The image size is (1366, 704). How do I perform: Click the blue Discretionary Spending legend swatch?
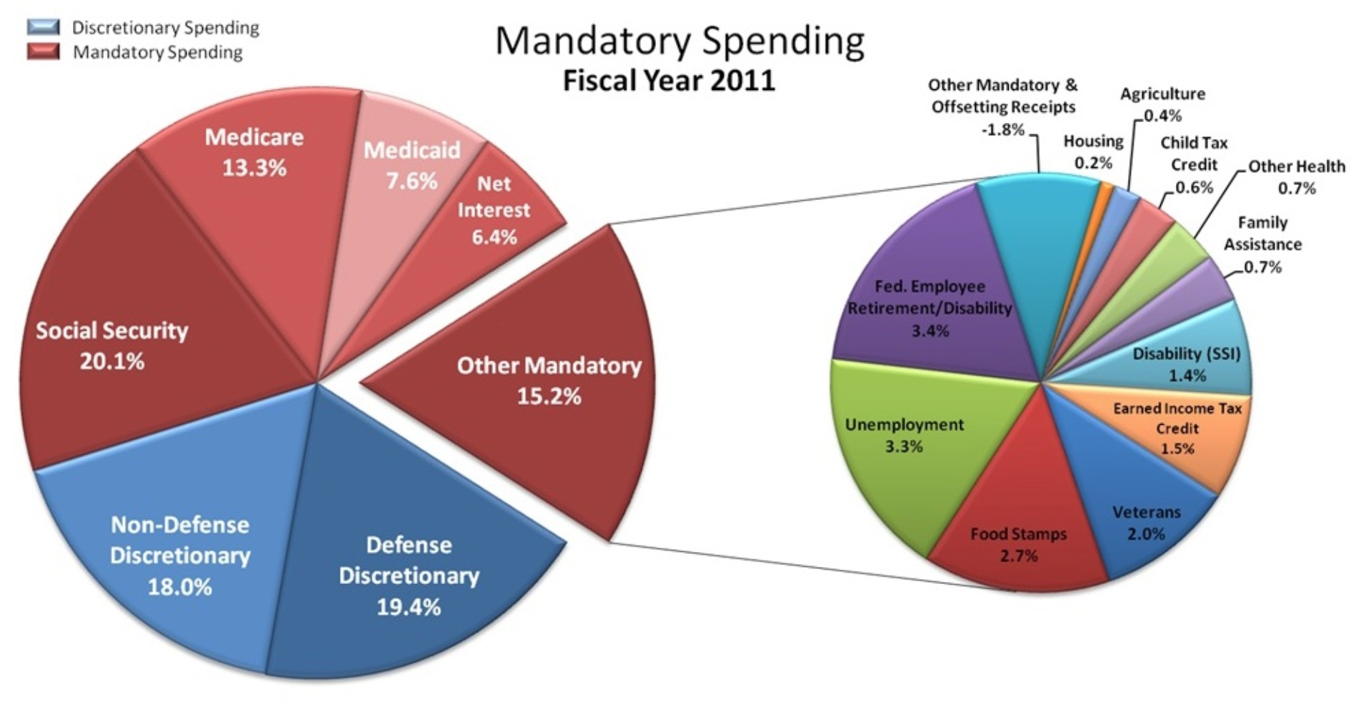[44, 27]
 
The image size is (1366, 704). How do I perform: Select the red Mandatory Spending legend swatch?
[44, 51]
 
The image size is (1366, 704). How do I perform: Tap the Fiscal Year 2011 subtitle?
[669, 80]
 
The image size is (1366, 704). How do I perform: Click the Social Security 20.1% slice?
[112, 345]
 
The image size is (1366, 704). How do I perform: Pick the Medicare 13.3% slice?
[254, 152]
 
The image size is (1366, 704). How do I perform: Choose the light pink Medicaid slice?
[412, 165]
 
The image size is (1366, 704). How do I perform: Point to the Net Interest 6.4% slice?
[493, 210]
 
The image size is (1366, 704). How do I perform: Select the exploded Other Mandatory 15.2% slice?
[549, 381]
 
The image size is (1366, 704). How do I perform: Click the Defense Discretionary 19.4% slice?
[409, 575]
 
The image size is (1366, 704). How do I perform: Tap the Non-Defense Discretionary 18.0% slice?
[180, 555]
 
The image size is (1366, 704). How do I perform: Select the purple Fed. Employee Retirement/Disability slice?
[929, 308]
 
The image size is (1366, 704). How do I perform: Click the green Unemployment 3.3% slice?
[904, 436]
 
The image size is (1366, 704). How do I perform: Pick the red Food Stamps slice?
[1018, 544]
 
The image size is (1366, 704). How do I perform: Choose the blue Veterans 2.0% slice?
[1146, 523]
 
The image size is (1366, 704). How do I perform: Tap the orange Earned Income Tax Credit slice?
[1177, 428]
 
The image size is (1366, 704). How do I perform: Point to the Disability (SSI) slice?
[1187, 364]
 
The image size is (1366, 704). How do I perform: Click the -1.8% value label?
[1003, 130]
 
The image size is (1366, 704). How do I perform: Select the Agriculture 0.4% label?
[1162, 104]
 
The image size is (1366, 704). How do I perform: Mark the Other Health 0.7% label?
[1297, 177]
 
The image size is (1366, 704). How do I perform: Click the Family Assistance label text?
[1262, 233]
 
